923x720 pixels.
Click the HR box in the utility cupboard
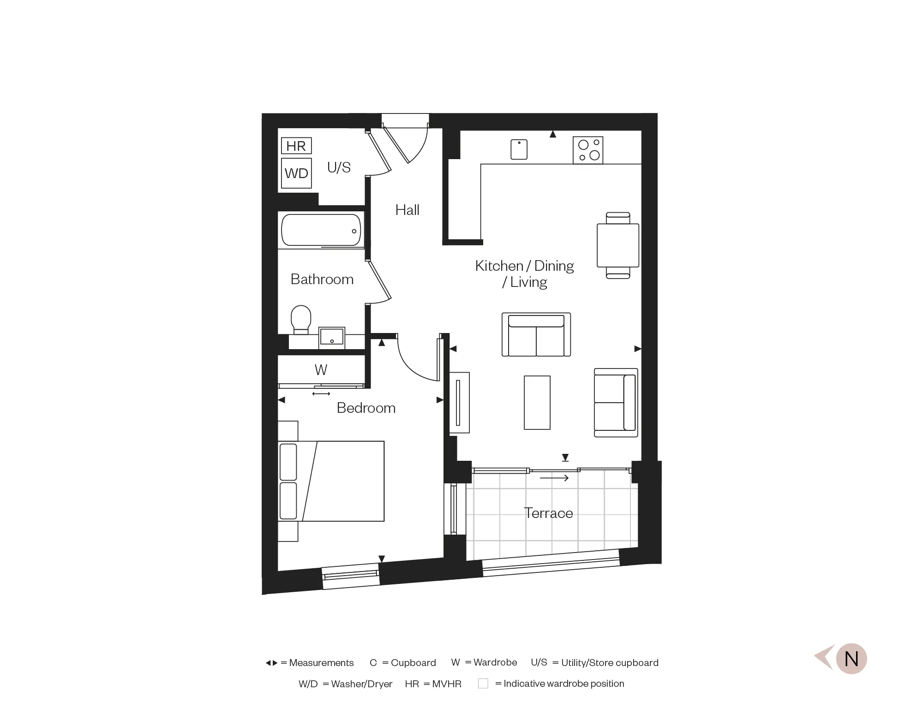(x=296, y=146)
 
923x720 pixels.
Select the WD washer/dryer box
(x=296, y=173)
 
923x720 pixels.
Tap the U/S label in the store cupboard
(x=339, y=167)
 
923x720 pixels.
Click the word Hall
(x=407, y=210)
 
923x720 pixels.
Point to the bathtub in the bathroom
(x=321, y=230)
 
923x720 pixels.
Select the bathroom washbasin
(x=332, y=336)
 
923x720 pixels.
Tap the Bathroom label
(x=322, y=279)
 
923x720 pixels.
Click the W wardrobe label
(x=321, y=370)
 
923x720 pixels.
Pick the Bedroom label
(x=366, y=408)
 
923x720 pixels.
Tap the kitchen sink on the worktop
(x=519, y=149)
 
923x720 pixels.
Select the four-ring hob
(x=588, y=150)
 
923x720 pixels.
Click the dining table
(x=618, y=245)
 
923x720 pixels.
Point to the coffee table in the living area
(x=537, y=403)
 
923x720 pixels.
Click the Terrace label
(x=548, y=513)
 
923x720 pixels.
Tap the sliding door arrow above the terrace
(x=554, y=478)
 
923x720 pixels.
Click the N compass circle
(x=851, y=659)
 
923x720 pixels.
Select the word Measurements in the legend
(x=321, y=663)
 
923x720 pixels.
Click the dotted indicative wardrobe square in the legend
(x=483, y=684)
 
